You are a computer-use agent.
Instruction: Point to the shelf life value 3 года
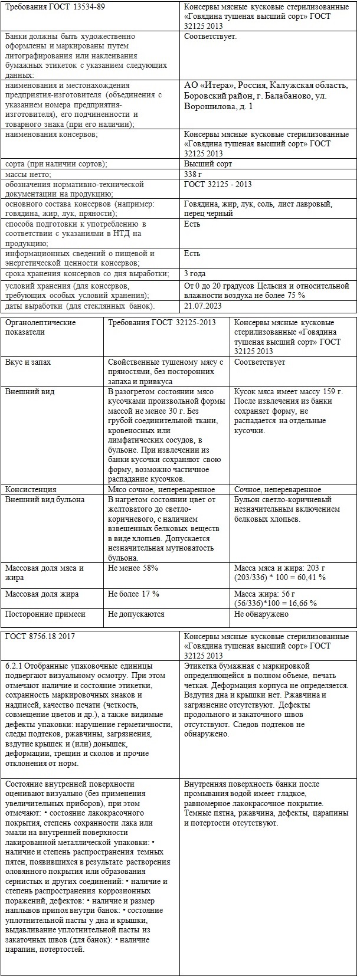[196, 273]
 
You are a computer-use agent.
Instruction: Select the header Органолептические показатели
[40, 327]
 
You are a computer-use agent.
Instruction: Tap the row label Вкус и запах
[28, 362]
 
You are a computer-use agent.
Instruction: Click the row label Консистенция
[31, 489]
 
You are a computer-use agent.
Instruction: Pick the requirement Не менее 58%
[133, 568]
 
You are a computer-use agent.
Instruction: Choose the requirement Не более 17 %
[134, 594]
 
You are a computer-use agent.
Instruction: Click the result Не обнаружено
[261, 614]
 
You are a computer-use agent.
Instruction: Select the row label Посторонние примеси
[45, 614]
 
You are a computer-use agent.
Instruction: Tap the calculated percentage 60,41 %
[310, 577]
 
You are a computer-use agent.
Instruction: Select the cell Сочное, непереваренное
[277, 489]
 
